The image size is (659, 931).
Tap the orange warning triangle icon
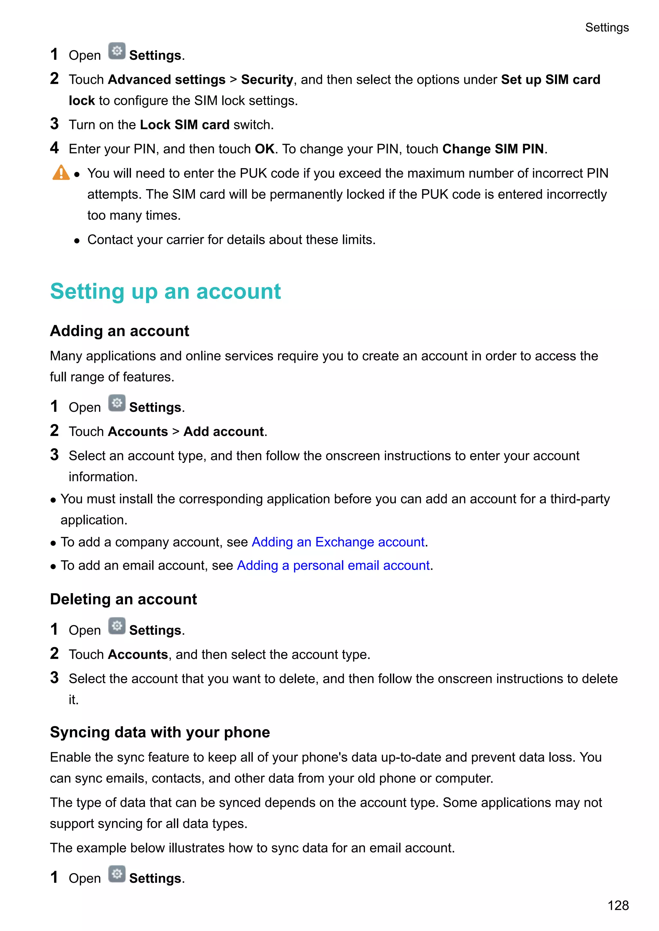pyautogui.click(x=61, y=173)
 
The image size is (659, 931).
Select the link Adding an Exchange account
pyautogui.click(x=338, y=542)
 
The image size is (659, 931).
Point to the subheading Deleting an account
pyautogui.click(x=123, y=599)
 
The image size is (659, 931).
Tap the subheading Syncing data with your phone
pyautogui.click(x=160, y=732)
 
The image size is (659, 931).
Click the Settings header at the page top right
pyautogui.click(x=607, y=28)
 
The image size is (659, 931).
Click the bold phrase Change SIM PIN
pyautogui.click(x=493, y=149)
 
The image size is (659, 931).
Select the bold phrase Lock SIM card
pyautogui.click(x=185, y=125)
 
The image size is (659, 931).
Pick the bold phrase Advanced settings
pyautogui.click(x=167, y=80)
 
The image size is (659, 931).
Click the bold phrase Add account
pyautogui.click(x=224, y=432)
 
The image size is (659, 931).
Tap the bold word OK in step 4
pyautogui.click(x=265, y=149)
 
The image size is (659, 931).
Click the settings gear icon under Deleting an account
pyautogui.click(x=117, y=626)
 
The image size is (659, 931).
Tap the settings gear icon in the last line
pyautogui.click(x=117, y=874)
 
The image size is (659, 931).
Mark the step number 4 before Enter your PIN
pyautogui.click(x=54, y=148)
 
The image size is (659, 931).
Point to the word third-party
pyautogui.click(x=580, y=499)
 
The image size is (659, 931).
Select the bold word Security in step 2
pyautogui.click(x=267, y=80)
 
